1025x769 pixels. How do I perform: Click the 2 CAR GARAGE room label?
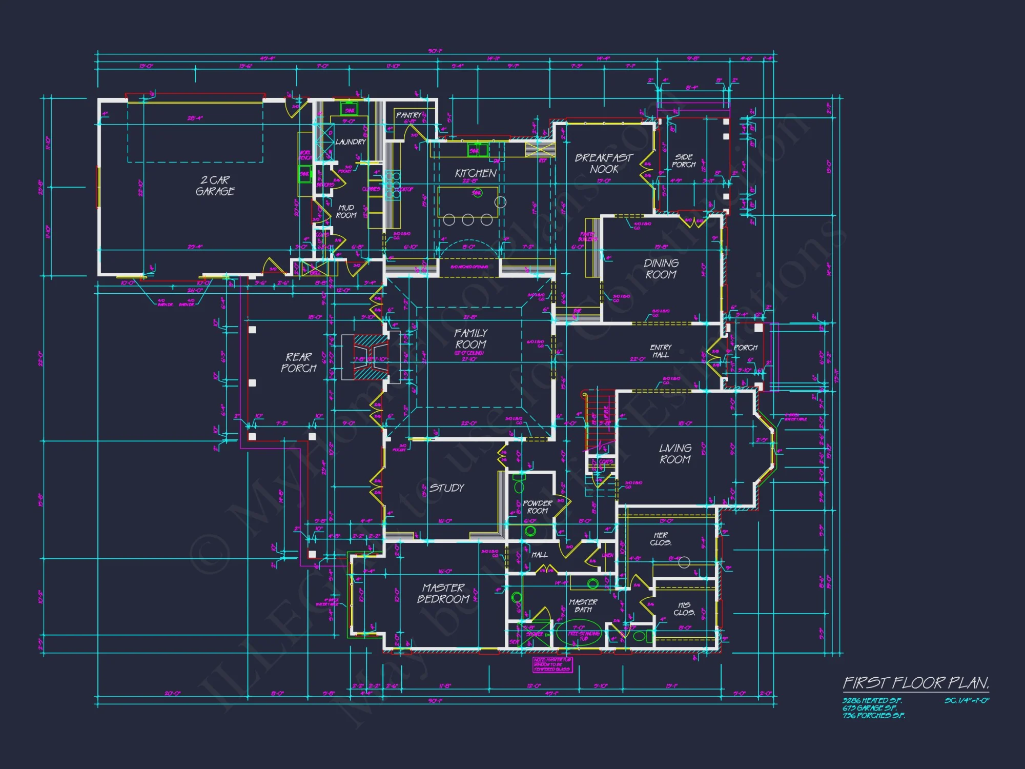215,186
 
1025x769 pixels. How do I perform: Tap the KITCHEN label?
476,173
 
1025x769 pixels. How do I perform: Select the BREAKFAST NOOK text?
604,163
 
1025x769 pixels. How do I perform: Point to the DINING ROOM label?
661,269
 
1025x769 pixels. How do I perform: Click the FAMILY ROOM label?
471,339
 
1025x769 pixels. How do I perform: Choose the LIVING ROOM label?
675,454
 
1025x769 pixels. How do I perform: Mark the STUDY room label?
447,488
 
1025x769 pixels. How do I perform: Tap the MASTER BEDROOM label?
443,593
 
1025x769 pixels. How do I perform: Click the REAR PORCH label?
299,362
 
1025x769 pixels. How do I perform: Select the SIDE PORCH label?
684,160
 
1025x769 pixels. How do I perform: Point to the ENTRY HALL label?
661,351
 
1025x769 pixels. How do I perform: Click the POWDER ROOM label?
537,507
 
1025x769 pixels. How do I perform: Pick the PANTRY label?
408,115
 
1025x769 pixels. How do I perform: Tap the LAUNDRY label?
351,141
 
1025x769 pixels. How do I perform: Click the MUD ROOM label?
346,211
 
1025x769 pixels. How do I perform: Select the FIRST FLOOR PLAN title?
916,683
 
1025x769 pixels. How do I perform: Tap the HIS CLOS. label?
684,609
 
